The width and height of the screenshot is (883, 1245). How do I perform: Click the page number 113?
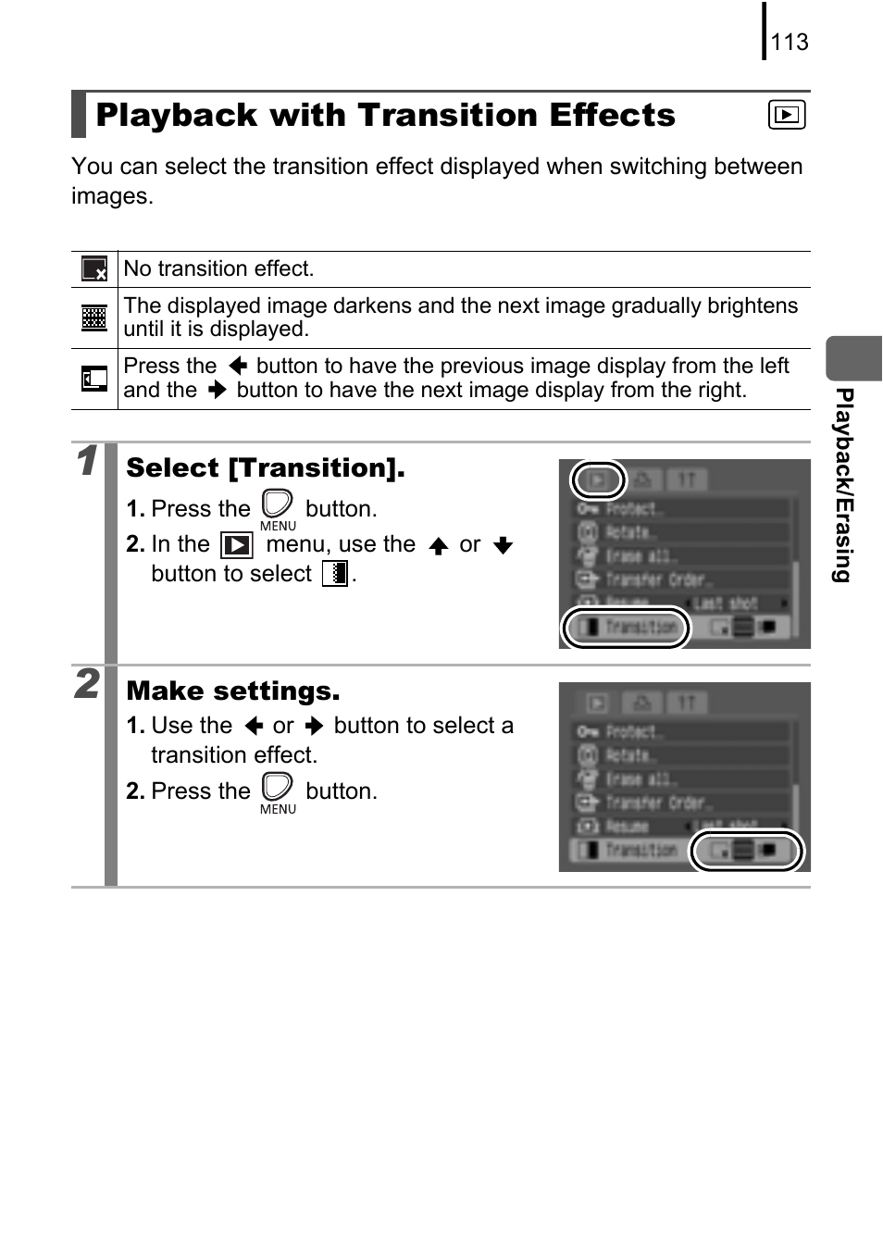click(789, 43)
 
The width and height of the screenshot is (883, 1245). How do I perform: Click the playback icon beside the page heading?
click(786, 116)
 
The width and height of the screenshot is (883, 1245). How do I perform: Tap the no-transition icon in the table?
click(94, 269)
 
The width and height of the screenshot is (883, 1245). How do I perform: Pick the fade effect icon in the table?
click(94, 317)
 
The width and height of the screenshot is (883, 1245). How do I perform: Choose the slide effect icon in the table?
click(94, 379)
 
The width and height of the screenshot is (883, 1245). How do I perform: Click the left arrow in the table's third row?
click(237, 367)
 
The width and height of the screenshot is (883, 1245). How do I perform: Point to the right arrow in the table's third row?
click(218, 391)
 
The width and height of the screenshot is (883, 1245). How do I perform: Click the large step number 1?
click(87, 461)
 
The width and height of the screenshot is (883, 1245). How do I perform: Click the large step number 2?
click(87, 684)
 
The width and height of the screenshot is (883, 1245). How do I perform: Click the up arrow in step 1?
click(439, 545)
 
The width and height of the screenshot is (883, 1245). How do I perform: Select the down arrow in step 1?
click(503, 545)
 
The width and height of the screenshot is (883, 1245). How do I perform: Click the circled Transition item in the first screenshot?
click(627, 628)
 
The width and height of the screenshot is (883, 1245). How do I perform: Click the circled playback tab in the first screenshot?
click(598, 479)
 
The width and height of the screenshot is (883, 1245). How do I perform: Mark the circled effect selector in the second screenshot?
click(746, 851)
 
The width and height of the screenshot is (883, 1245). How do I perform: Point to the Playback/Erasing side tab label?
click(842, 485)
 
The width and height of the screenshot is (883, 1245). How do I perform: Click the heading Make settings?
click(233, 691)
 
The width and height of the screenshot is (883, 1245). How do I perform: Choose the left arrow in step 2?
click(253, 727)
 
